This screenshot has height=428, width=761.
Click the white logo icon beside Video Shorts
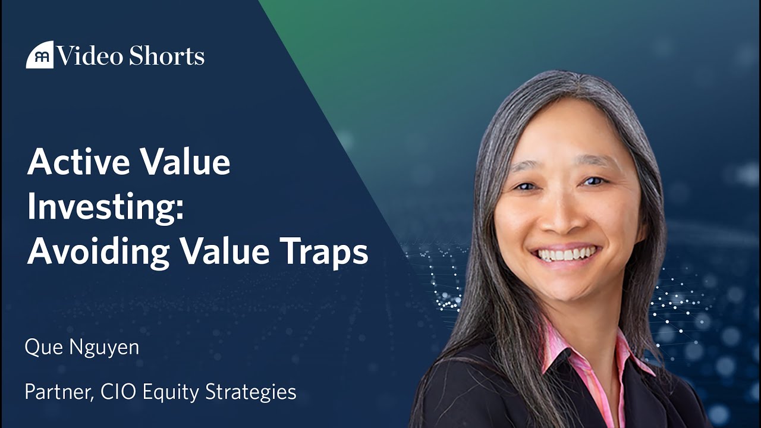pyautogui.click(x=39, y=55)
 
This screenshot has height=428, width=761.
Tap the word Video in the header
pyautogui.click(x=87, y=56)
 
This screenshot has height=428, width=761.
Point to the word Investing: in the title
pyautogui.click(x=105, y=207)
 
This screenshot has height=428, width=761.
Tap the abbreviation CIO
pyautogui.click(x=118, y=392)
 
